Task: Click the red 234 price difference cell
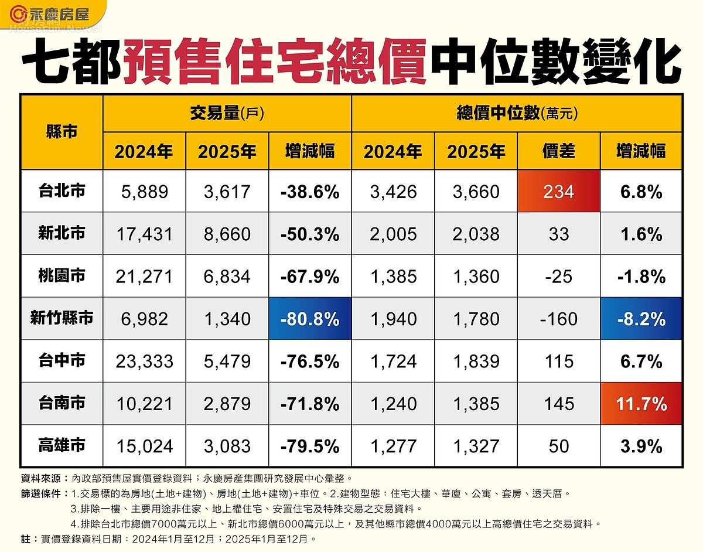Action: click(x=559, y=192)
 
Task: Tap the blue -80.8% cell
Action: click(x=310, y=319)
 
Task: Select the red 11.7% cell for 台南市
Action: click(x=641, y=404)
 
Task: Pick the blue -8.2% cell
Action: click(x=641, y=319)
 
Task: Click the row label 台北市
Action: click(x=62, y=191)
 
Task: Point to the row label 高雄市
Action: click(x=62, y=445)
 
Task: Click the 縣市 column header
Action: click(x=62, y=131)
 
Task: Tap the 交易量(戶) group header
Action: click(x=227, y=113)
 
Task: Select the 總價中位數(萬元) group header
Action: click(x=517, y=113)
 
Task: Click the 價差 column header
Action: click(x=559, y=151)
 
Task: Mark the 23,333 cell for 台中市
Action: click(x=144, y=362)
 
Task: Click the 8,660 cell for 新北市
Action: click(x=227, y=234)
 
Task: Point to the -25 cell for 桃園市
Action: click(x=559, y=277)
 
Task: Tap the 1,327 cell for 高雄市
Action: click(x=476, y=447)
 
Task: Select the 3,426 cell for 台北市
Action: click(x=393, y=192)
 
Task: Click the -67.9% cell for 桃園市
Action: click(x=310, y=277)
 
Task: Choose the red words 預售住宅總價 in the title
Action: click(x=275, y=62)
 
